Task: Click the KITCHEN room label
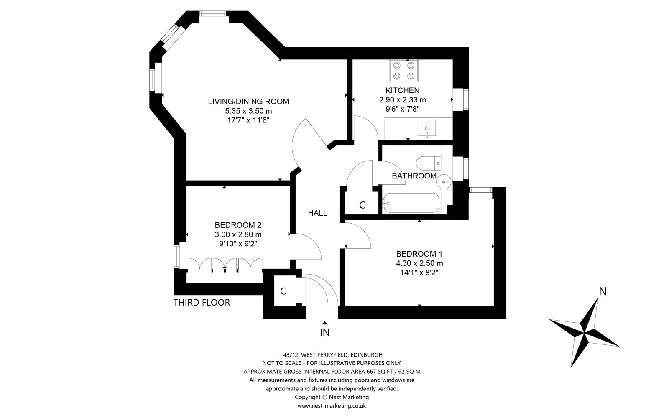point(402,90)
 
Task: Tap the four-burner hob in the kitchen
point(403,71)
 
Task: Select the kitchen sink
point(426,128)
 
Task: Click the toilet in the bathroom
point(429,163)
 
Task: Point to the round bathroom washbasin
point(444,181)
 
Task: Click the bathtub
point(411,203)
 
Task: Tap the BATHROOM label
point(414,176)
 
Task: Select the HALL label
point(318,213)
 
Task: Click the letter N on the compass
point(603,291)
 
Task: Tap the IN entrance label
point(324,332)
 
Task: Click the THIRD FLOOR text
point(202,303)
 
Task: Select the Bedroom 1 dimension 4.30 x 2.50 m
point(419,263)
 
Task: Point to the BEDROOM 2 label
point(238,225)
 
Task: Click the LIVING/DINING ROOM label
point(248,102)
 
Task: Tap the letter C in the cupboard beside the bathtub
point(362,205)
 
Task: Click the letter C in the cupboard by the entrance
point(283,291)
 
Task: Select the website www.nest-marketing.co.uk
point(332,406)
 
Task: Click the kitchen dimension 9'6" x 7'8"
point(403,109)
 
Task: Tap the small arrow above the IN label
point(324,323)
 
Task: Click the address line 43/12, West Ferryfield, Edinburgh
point(333,355)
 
